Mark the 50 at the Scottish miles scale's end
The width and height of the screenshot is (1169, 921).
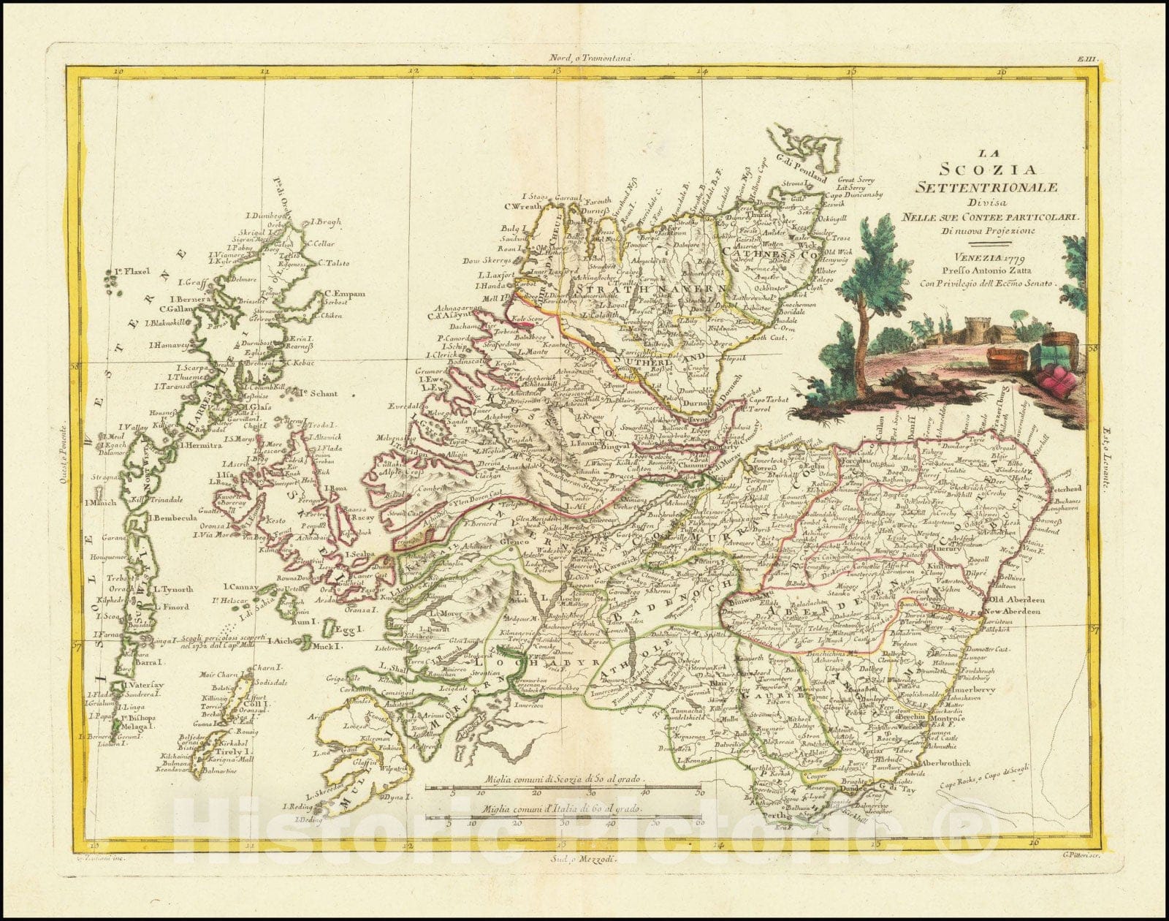(x=699, y=792)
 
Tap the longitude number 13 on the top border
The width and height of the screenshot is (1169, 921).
(x=557, y=72)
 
